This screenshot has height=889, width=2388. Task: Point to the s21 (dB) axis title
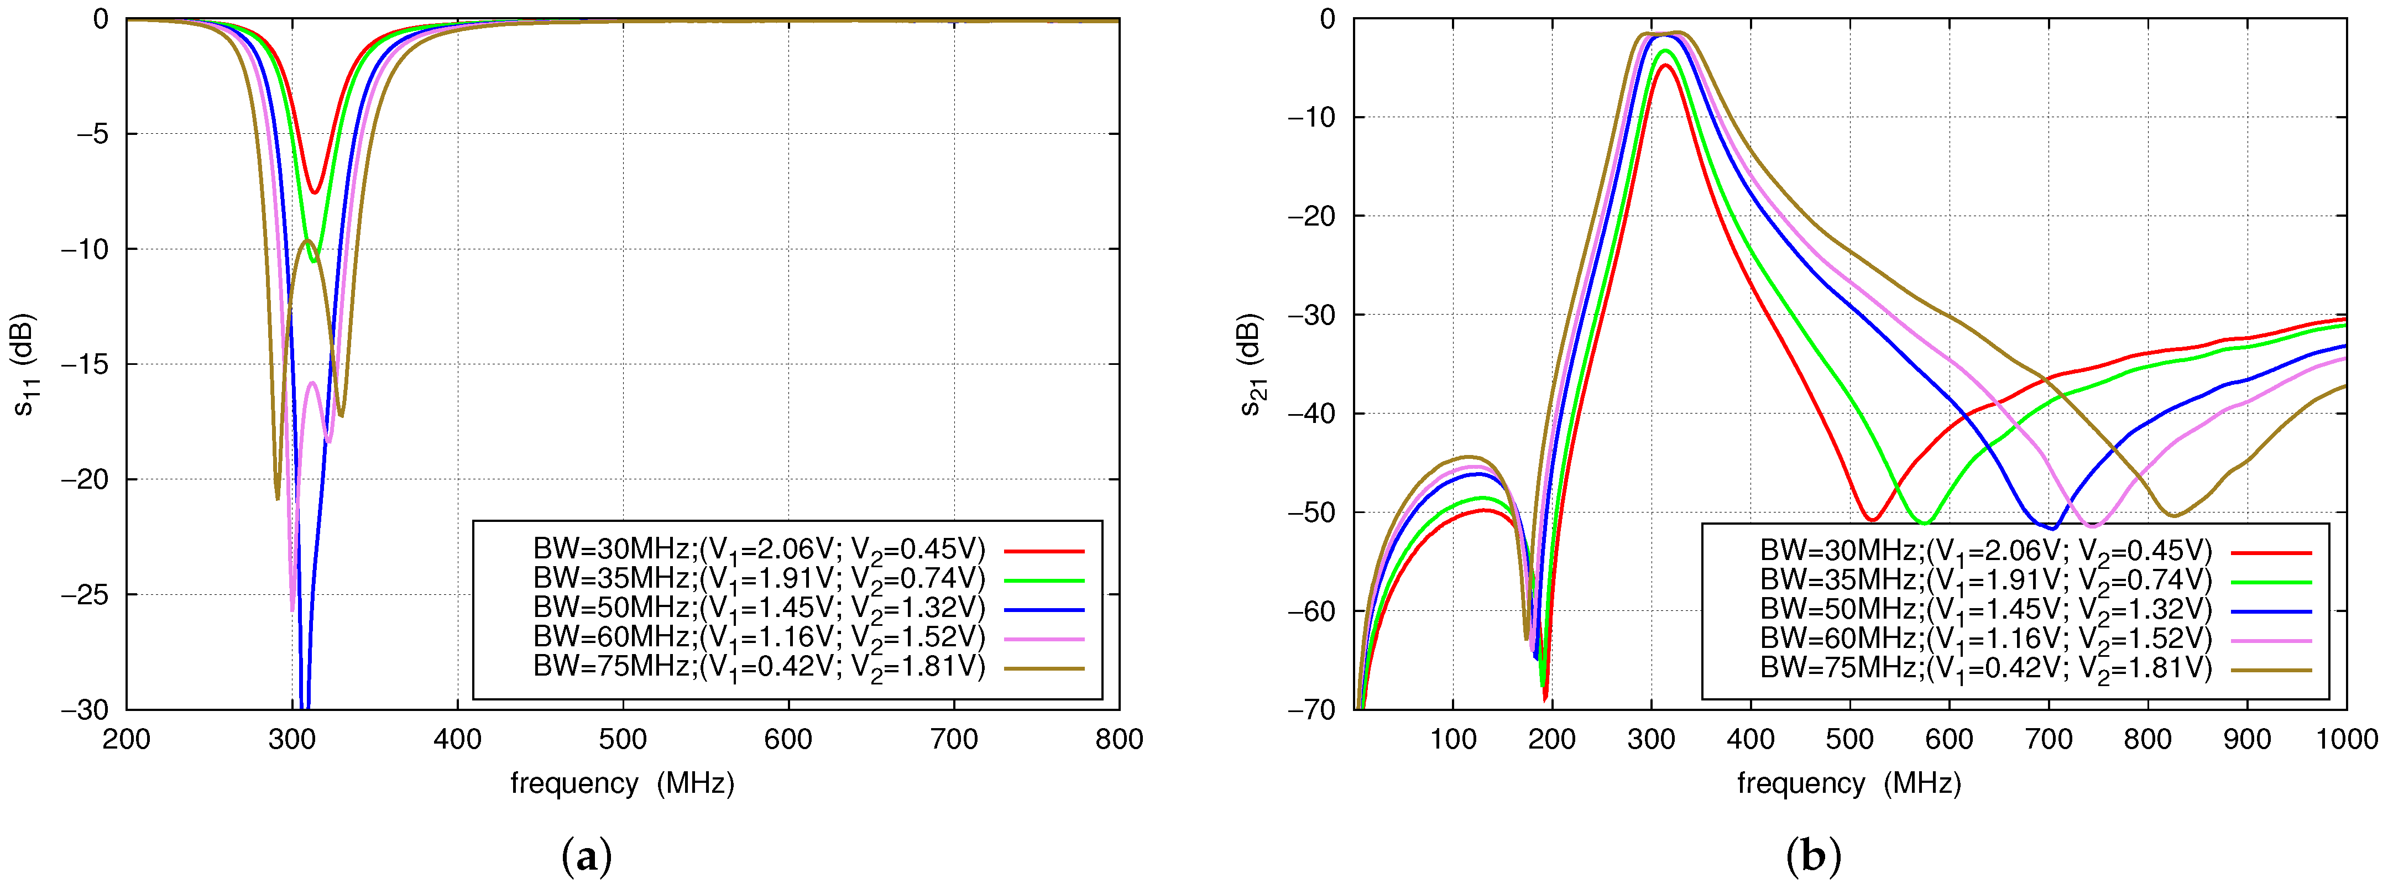(x=1253, y=364)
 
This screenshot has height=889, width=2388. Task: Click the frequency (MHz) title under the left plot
(x=622, y=783)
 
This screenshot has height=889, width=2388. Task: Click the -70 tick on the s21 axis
(x=1311, y=709)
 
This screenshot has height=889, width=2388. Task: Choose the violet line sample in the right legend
(x=2271, y=640)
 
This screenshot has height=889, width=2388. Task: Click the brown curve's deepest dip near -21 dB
(x=277, y=499)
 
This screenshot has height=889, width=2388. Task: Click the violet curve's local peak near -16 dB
(x=312, y=383)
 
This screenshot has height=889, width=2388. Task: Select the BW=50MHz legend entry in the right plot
(x=1985, y=609)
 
